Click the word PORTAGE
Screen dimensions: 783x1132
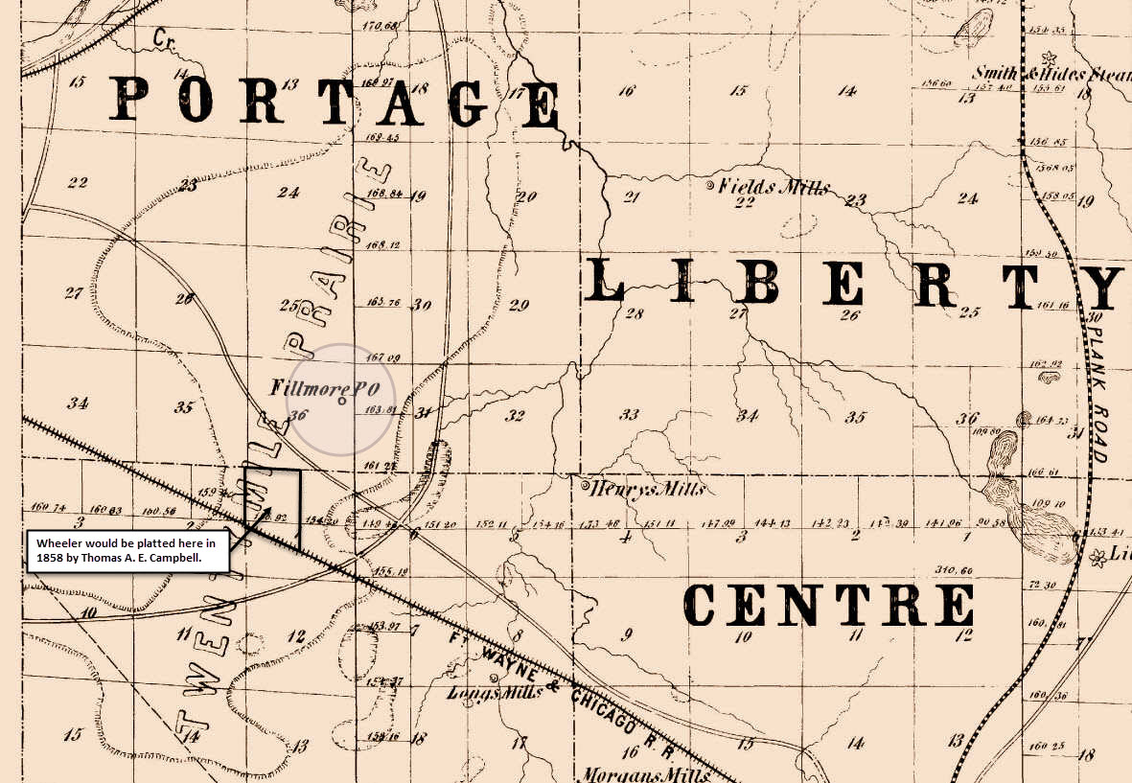[x=335, y=101]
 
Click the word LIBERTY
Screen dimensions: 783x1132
[x=853, y=285]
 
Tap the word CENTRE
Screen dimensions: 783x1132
[x=828, y=606]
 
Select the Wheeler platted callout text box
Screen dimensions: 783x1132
[x=127, y=550]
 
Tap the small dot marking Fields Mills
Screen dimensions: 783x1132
[x=709, y=184]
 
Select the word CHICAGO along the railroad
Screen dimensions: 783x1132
[x=604, y=710]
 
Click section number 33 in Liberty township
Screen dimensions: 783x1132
[x=630, y=415]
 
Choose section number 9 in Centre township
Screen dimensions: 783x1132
[x=628, y=633]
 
